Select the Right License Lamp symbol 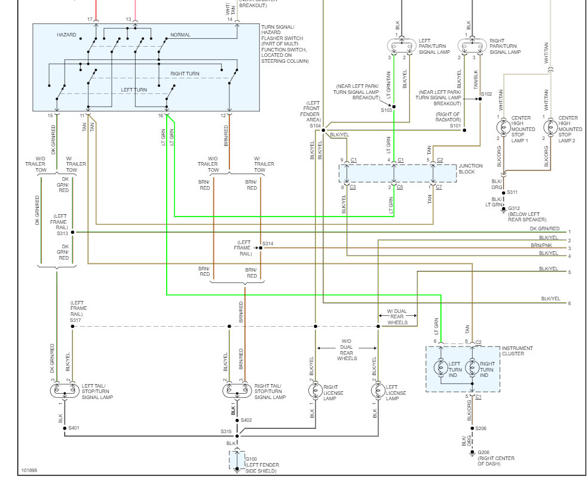click(315, 391)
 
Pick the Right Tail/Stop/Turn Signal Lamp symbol click(237, 391)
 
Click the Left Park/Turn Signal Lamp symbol click(402, 46)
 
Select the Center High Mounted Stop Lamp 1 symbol click(503, 127)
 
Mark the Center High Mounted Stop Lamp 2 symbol click(550, 127)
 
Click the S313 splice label click(63, 233)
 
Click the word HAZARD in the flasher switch click(66, 35)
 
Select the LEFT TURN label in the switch click(134, 90)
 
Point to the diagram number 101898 click(29, 470)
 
